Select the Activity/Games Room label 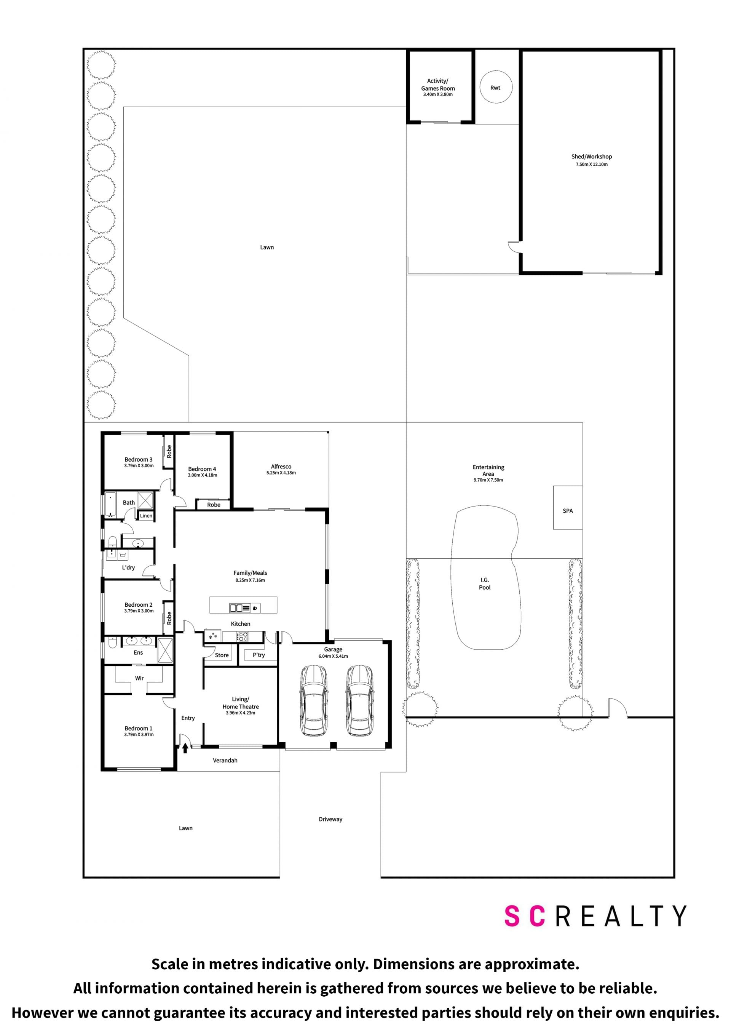point(437,85)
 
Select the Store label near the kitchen point(222,655)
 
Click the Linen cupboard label point(146,516)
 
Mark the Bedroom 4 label point(202,469)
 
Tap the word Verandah point(225,760)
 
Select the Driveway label point(330,819)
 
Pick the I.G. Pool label point(485,584)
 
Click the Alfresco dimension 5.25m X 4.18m point(281,473)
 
